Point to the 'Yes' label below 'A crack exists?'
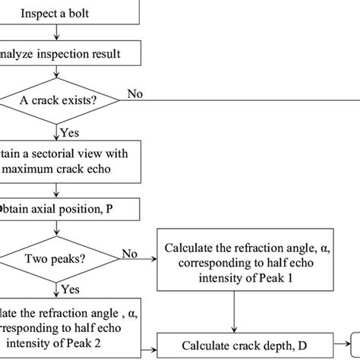pyautogui.click(x=71, y=131)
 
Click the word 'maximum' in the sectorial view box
pyautogui.click(x=35, y=168)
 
